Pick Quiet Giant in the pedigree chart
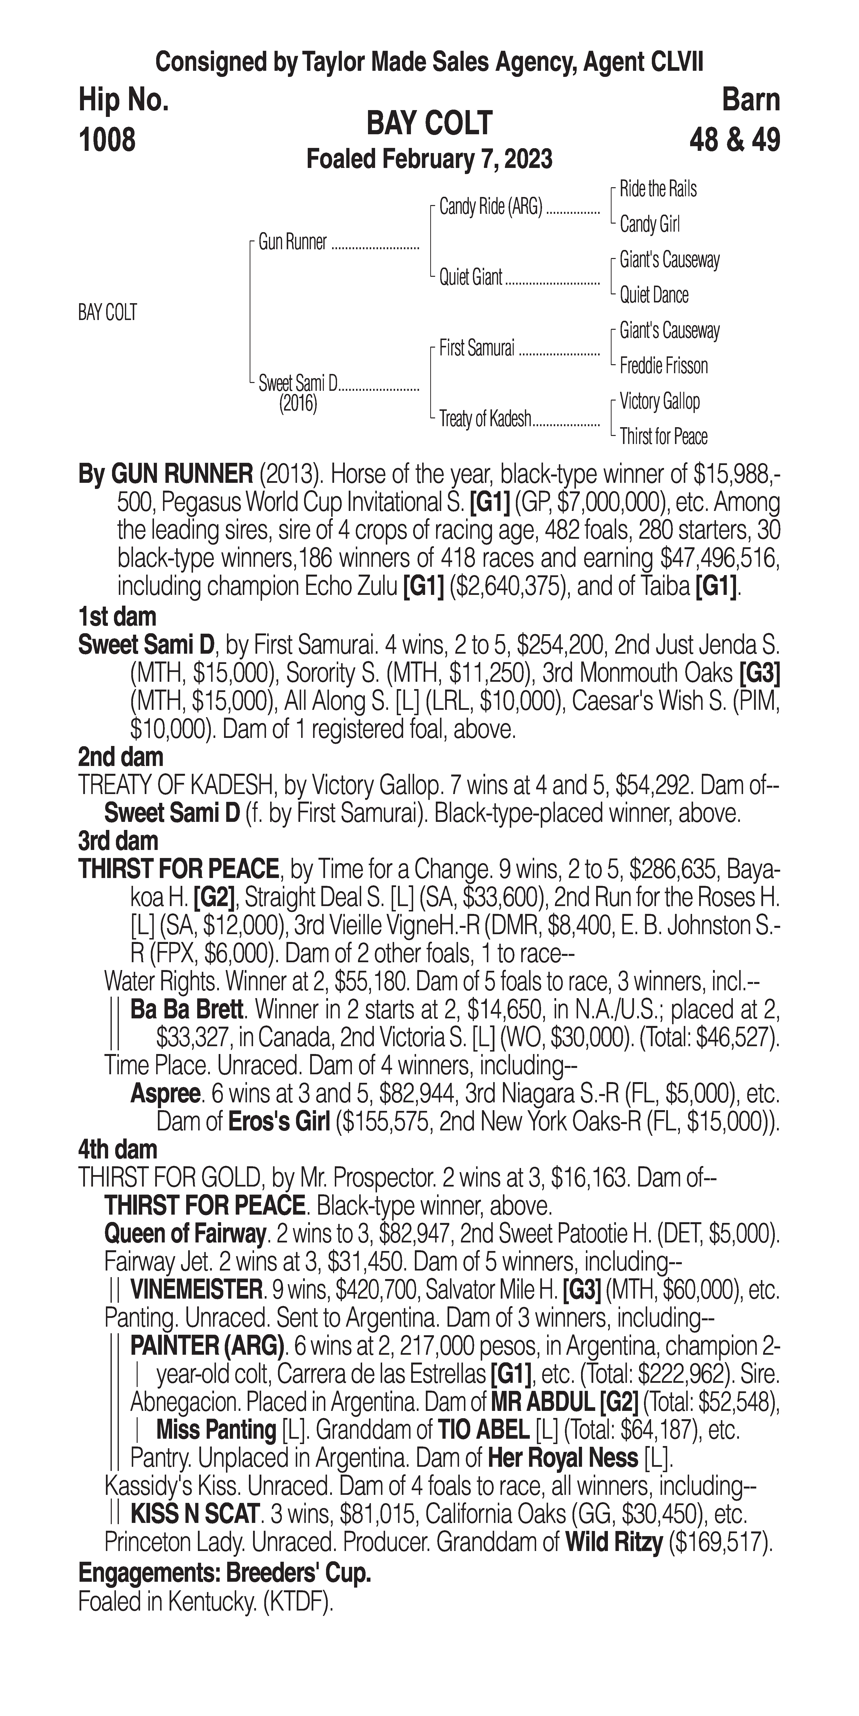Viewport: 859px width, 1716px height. click(x=470, y=277)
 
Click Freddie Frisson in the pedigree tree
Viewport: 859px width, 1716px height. click(x=663, y=366)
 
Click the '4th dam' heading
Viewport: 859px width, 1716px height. click(x=118, y=1150)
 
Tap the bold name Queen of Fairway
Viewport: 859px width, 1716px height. click(x=184, y=1234)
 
